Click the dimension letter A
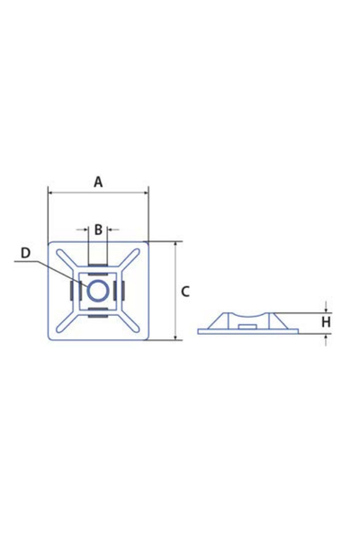98,181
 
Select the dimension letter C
184,291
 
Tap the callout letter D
25,253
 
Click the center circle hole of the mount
98,291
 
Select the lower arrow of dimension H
326,337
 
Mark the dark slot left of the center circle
71,291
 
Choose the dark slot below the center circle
98,317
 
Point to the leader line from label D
54,266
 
